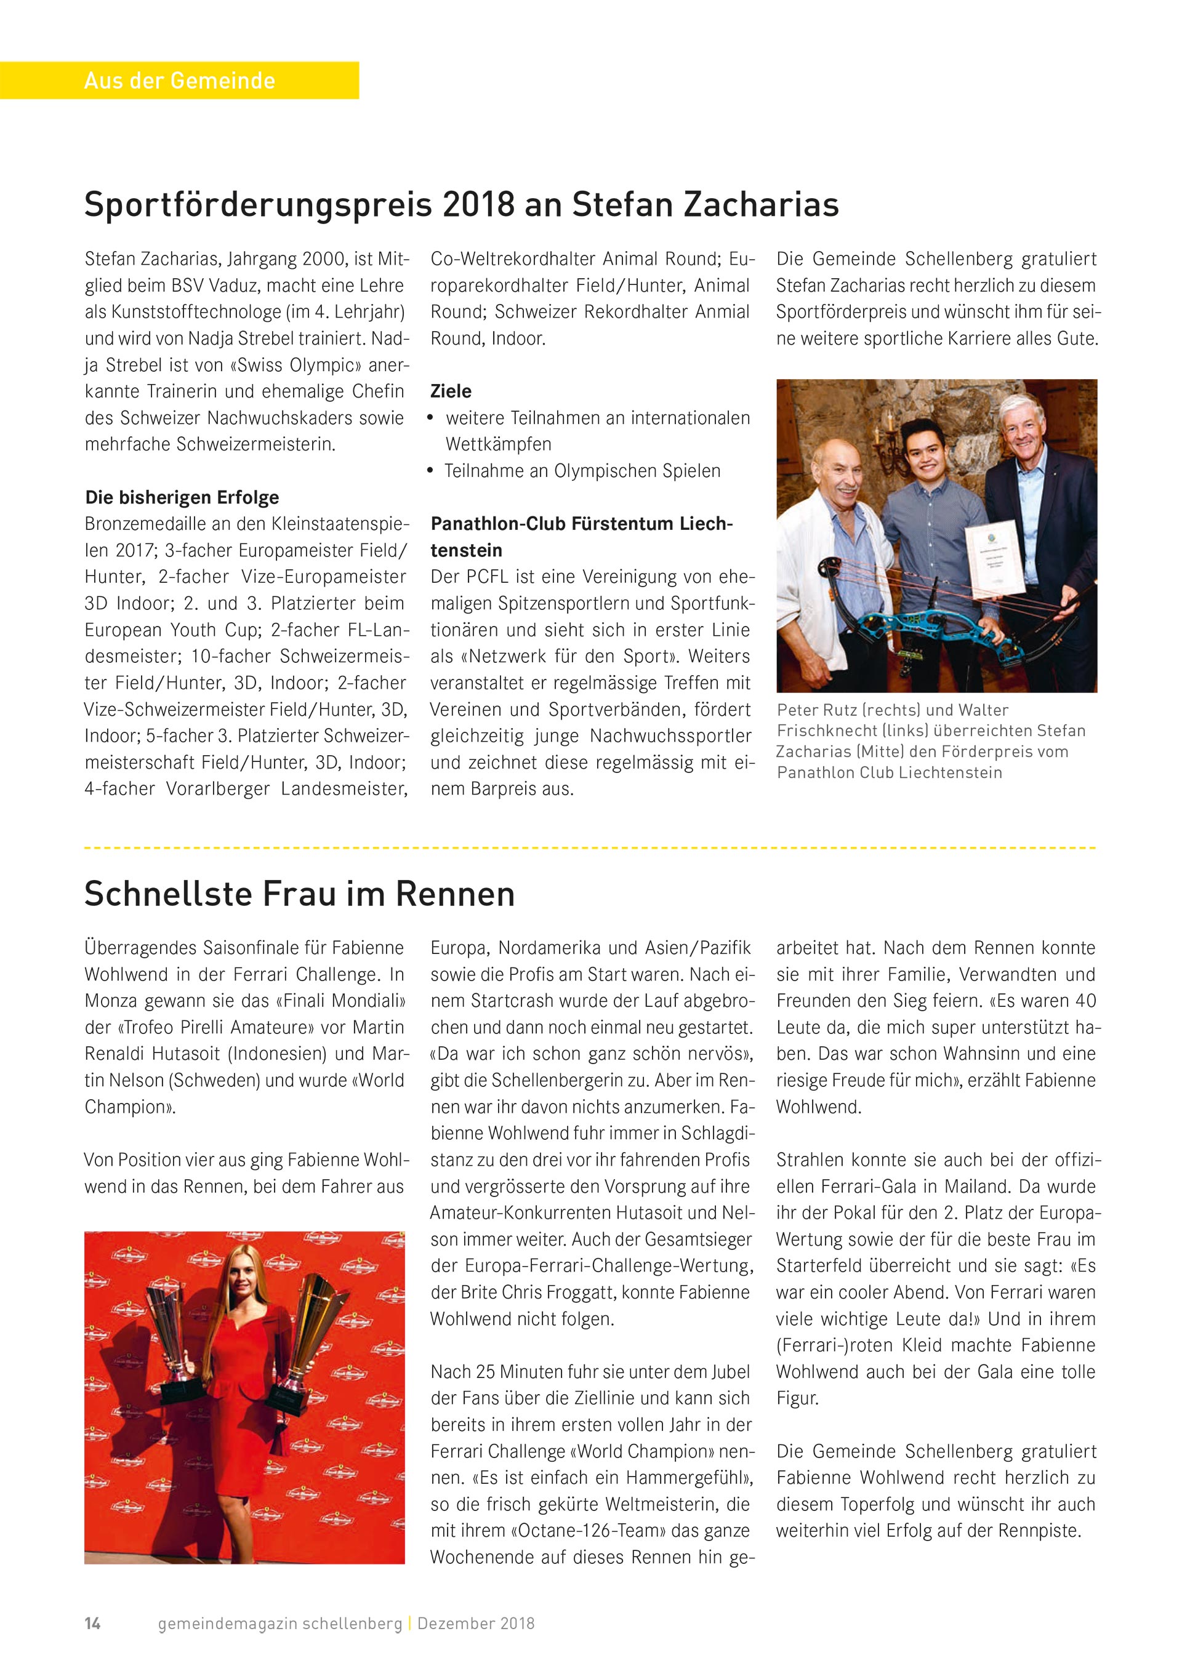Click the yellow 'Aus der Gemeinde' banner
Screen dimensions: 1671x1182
point(179,80)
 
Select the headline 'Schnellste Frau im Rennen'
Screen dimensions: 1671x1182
point(299,894)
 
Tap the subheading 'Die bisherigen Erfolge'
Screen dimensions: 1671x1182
point(182,497)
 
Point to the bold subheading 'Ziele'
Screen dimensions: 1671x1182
point(451,391)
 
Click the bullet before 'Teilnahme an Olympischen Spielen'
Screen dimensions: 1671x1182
point(431,471)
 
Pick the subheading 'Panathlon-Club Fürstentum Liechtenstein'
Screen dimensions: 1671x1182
point(582,536)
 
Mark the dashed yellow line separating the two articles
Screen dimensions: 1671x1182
point(590,848)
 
